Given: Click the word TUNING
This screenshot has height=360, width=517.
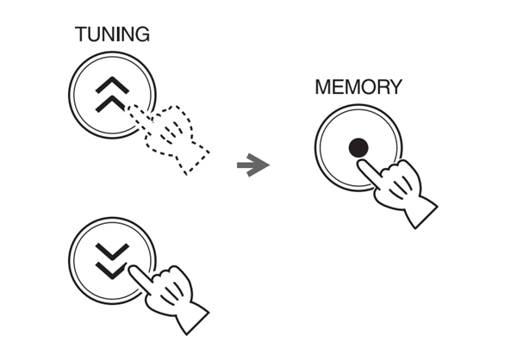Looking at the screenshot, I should point(112,34).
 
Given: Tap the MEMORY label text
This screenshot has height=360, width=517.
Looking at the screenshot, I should point(358,87).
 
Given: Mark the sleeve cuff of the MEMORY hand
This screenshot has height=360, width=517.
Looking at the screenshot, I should point(421,211).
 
